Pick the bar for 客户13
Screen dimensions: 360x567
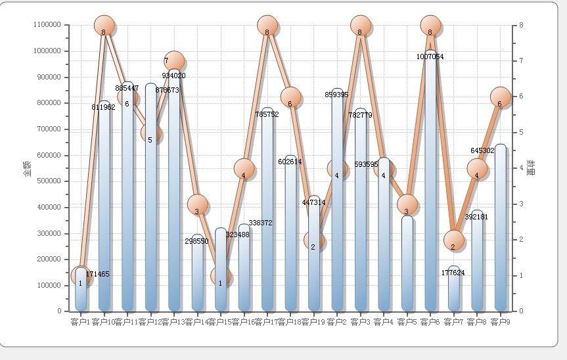pyautogui.click(x=174, y=197)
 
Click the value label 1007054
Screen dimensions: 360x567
pyautogui.click(x=430, y=57)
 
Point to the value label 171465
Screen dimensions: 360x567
pyautogui.click(x=98, y=274)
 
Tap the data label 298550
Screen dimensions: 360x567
pyautogui.click(x=196, y=241)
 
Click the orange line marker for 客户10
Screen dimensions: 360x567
pyautogui.click(x=104, y=26)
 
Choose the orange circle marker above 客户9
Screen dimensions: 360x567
pyautogui.click(x=501, y=97)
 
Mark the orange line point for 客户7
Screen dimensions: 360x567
pyautogui.click(x=453, y=240)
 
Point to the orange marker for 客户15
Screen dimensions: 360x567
pyautogui.click(x=221, y=277)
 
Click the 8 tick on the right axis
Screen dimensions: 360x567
pyautogui.click(x=520, y=25)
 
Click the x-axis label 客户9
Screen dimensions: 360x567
pyautogui.click(x=501, y=322)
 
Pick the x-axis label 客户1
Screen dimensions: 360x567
pyautogui.click(x=80, y=322)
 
